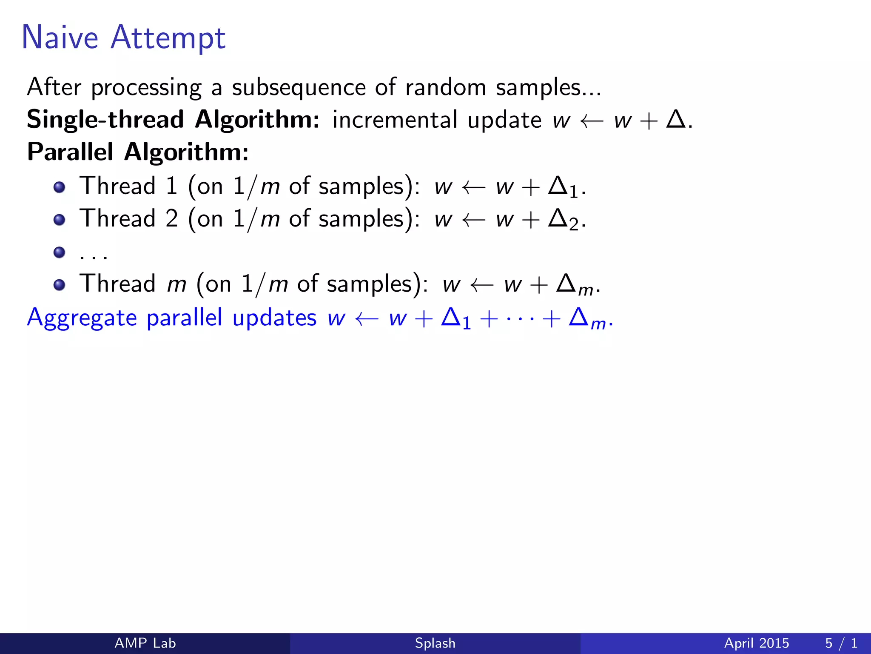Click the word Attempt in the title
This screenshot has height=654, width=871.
pos(168,38)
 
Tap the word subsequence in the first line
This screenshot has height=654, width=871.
pos(299,88)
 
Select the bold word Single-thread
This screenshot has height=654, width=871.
pos(105,120)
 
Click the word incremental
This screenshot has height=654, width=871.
pos(394,120)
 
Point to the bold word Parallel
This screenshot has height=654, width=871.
pos(70,152)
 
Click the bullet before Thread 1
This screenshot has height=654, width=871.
pos(60,187)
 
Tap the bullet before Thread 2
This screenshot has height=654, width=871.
pos(60,220)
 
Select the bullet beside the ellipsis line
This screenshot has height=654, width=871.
pos(60,252)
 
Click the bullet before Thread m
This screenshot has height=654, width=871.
pos(60,285)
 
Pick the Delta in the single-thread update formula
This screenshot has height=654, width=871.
pos(676,119)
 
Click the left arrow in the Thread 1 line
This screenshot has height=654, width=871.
pos(473,187)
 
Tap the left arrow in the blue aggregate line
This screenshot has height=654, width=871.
pos(366,318)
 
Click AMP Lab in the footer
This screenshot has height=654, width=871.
pos(145,643)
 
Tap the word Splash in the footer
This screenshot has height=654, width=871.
pos(435,643)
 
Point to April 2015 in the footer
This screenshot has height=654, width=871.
pos(756,643)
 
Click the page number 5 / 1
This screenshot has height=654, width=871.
pos(841,643)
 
